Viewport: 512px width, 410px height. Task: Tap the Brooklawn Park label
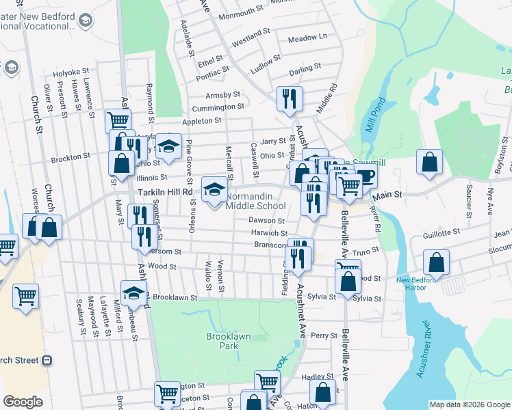[222, 341]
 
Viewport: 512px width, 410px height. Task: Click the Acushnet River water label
[424, 347]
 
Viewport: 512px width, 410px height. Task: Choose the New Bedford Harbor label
[411, 283]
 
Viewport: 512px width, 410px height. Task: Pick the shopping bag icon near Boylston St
[429, 163]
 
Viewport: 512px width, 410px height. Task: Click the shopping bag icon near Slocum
[436, 263]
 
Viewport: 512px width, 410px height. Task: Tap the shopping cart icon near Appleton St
[118, 121]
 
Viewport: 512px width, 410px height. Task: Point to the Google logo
[23, 402]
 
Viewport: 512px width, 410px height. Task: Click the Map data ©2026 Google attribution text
[470, 405]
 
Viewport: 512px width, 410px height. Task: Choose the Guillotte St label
[440, 233]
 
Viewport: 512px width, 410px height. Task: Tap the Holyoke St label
[72, 71]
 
